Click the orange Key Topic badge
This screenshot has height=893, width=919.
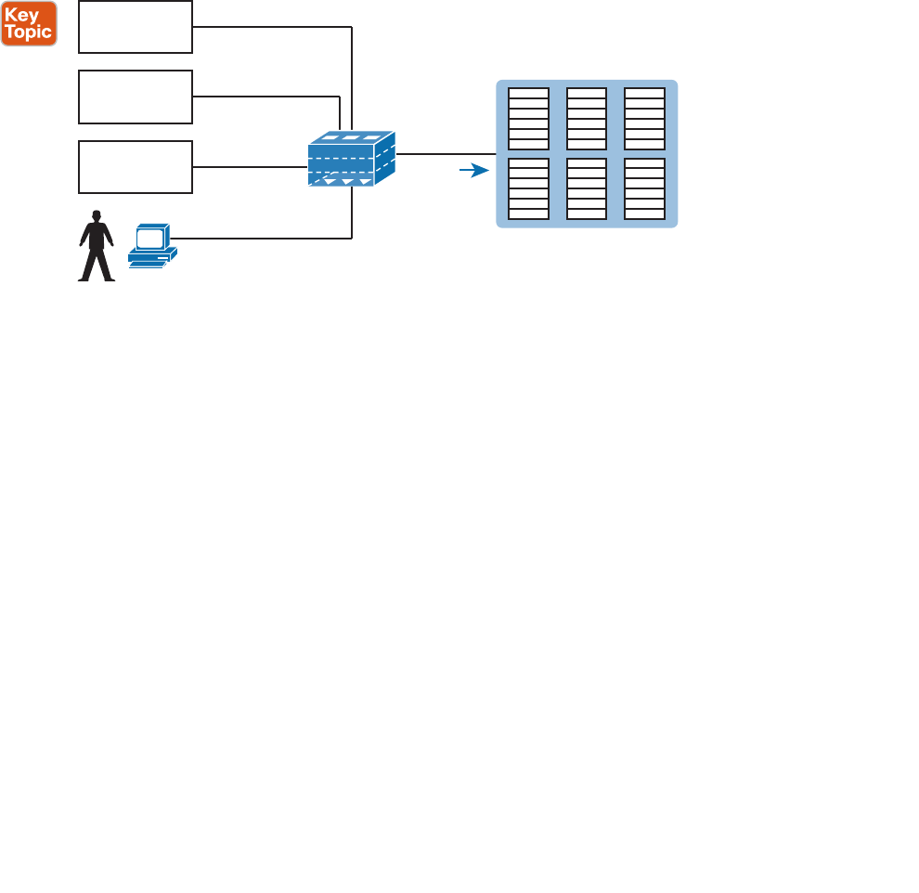[x=29, y=23]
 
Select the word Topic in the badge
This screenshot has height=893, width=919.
[x=29, y=32]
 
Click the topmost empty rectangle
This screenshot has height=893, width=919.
[x=136, y=26]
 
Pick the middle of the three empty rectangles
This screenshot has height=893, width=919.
[x=136, y=97]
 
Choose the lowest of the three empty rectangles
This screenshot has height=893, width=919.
[x=136, y=167]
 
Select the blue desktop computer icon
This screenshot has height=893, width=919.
[x=152, y=245]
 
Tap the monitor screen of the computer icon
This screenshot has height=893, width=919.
[x=150, y=238]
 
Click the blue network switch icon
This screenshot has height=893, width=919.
[x=351, y=159]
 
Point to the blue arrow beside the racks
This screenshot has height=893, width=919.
[x=474, y=171]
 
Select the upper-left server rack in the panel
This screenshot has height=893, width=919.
[x=528, y=118]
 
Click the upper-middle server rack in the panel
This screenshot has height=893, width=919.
[x=586, y=118]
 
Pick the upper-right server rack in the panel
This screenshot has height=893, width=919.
[x=644, y=118]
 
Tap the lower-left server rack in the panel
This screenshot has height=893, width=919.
[x=528, y=188]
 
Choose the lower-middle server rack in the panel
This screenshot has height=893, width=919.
[x=586, y=188]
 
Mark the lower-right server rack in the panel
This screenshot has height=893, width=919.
[x=644, y=188]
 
